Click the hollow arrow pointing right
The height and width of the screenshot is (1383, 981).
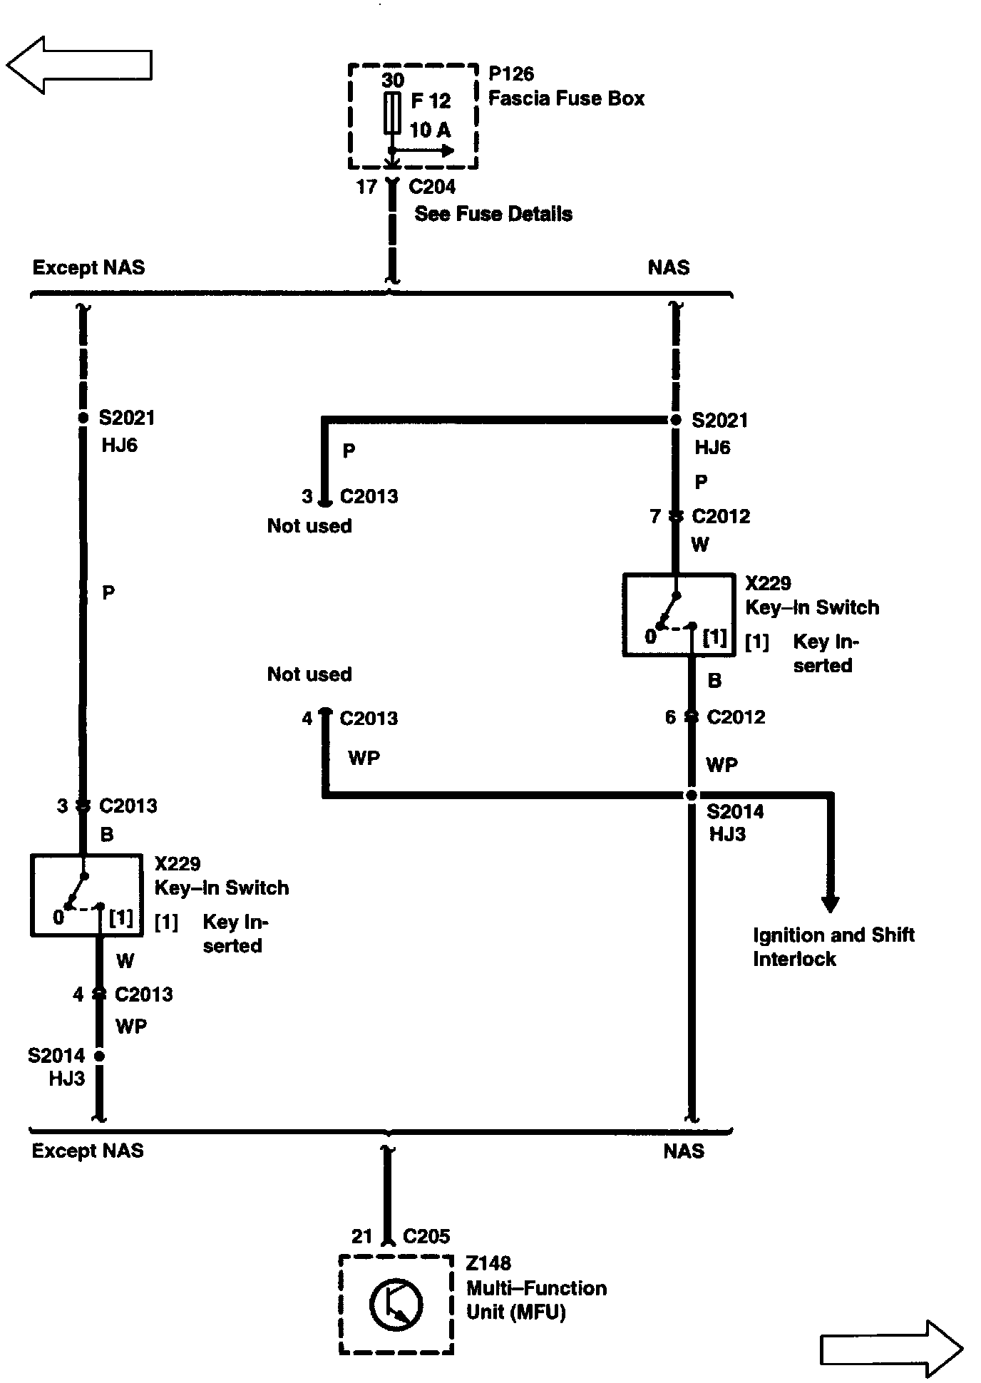point(891,1348)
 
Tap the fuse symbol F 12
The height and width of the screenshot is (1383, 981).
point(391,113)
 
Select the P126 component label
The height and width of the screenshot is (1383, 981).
point(511,74)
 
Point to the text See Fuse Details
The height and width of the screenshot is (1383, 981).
point(493,214)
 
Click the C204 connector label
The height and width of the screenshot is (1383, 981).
point(432,187)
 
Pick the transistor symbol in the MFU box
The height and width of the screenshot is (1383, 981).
point(396,1304)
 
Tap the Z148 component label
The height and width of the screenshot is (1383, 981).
point(488,1263)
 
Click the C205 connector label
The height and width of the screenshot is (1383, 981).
point(426,1236)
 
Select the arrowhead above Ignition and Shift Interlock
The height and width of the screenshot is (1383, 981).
point(830,903)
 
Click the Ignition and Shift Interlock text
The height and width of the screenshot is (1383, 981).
point(833,947)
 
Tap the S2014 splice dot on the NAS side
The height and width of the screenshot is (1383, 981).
point(691,795)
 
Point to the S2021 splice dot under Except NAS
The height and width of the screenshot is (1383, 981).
point(83,418)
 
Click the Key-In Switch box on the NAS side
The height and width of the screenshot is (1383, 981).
point(679,615)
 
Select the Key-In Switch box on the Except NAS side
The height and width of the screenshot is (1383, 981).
point(86,895)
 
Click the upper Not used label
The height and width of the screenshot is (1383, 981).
point(309,526)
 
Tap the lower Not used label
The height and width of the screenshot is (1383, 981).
point(309,674)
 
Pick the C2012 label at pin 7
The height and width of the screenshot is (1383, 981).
point(721,516)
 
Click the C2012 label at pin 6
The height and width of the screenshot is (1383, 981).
point(736,717)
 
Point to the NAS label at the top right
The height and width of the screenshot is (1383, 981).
point(668,268)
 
